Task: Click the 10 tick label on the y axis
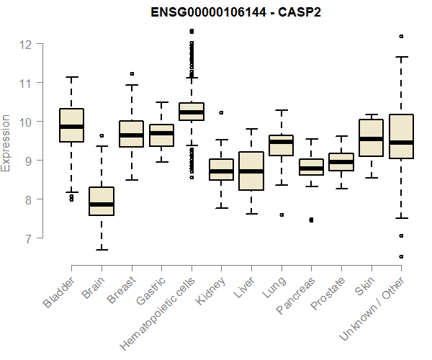tap(24, 122)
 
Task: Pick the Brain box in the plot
tap(102, 202)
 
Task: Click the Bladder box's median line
tap(71, 127)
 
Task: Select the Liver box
tap(251, 171)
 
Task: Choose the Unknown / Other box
tap(401, 136)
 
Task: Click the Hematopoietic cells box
tap(191, 112)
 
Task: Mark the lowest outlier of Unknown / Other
tap(401, 256)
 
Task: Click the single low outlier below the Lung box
tap(282, 215)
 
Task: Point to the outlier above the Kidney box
tap(221, 112)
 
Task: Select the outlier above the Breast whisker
tap(132, 73)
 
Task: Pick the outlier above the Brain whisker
tap(102, 135)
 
